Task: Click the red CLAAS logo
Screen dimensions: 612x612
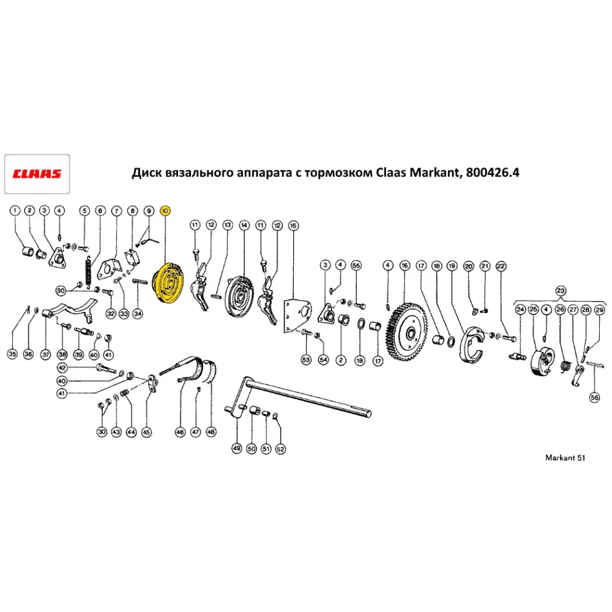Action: point(37,174)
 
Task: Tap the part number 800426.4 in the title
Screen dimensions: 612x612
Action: point(492,173)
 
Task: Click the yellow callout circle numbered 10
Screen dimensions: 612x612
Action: point(165,211)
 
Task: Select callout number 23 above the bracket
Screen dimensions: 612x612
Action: point(559,290)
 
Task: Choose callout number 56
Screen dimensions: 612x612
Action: point(594,397)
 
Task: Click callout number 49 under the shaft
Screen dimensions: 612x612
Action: point(236,449)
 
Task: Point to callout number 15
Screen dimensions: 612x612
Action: point(293,226)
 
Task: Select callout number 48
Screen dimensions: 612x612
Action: point(211,432)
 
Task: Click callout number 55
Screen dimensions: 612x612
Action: point(356,265)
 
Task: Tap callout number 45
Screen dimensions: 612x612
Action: point(146,432)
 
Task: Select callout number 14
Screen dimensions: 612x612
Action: point(244,226)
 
